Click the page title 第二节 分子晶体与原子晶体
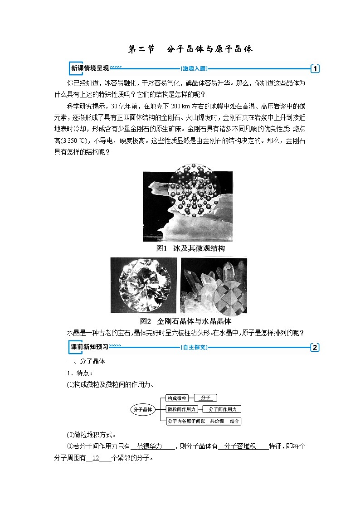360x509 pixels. (190, 49)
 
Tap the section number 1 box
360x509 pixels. (315, 69)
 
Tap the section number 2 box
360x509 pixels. (315, 348)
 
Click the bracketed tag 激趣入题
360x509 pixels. (194, 69)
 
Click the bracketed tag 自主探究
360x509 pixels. (194, 348)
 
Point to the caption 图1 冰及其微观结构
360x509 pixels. (190, 248)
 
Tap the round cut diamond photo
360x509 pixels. (144, 285)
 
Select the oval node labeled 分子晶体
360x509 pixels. (142, 409)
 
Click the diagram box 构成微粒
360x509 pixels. (177, 398)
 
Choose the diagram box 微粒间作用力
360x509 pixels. (181, 409)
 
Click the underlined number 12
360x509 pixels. (96, 458)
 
